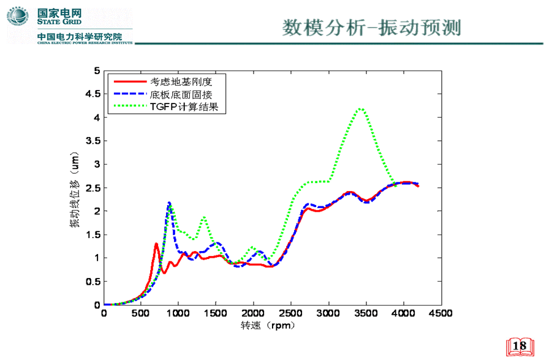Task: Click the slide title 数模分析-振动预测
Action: [x=371, y=28]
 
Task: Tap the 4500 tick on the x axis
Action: [x=440, y=313]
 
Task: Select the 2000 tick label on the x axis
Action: [x=253, y=313]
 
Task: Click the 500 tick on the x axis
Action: [x=141, y=313]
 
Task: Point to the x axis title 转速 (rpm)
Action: [x=268, y=326]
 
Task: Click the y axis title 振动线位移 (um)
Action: [x=74, y=188]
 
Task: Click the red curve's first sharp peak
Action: [x=156, y=244]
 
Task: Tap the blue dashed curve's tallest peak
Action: [x=169, y=203]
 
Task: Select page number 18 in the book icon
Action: [x=519, y=347]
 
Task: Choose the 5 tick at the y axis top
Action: [x=96, y=71]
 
